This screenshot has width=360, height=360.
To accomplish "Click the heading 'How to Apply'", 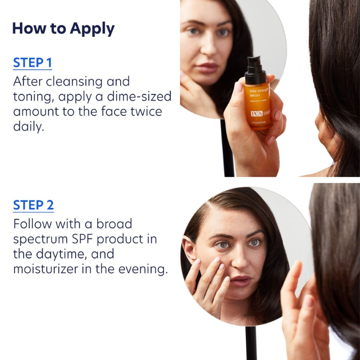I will tap(63, 28).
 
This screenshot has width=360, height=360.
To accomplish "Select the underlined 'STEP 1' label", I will tap(32, 63).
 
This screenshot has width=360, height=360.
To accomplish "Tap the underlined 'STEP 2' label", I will tap(33, 205).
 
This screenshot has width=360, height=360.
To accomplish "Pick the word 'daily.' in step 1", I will tap(29, 127).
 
